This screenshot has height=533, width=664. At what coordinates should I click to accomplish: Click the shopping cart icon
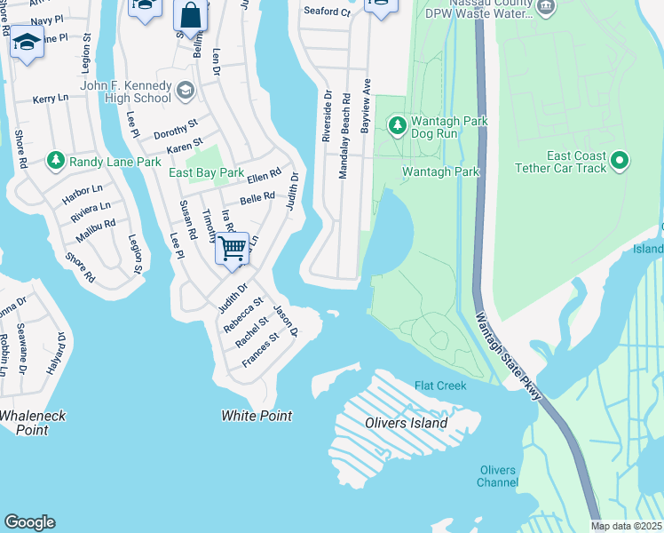click(x=232, y=248)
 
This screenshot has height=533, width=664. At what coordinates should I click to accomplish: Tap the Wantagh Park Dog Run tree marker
click(x=398, y=123)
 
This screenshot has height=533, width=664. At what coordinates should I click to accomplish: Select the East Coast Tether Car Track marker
click(x=621, y=161)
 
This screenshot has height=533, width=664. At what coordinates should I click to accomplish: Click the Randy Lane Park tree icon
click(x=57, y=161)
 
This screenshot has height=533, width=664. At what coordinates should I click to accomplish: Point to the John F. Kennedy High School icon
click(x=186, y=90)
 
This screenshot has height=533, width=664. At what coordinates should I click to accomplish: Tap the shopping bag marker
click(x=191, y=15)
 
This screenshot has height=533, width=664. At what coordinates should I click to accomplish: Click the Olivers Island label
click(x=407, y=423)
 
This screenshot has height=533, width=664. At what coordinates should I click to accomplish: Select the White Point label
click(x=257, y=416)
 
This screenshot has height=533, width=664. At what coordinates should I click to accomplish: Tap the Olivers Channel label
click(x=497, y=476)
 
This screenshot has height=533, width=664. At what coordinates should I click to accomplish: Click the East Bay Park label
click(x=206, y=172)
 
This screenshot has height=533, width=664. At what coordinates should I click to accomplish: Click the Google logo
click(x=29, y=522)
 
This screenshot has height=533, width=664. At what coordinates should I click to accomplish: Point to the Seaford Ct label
click(x=328, y=12)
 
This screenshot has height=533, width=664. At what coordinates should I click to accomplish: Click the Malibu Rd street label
click(x=98, y=226)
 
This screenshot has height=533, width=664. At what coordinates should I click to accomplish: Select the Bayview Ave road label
click(x=365, y=105)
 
